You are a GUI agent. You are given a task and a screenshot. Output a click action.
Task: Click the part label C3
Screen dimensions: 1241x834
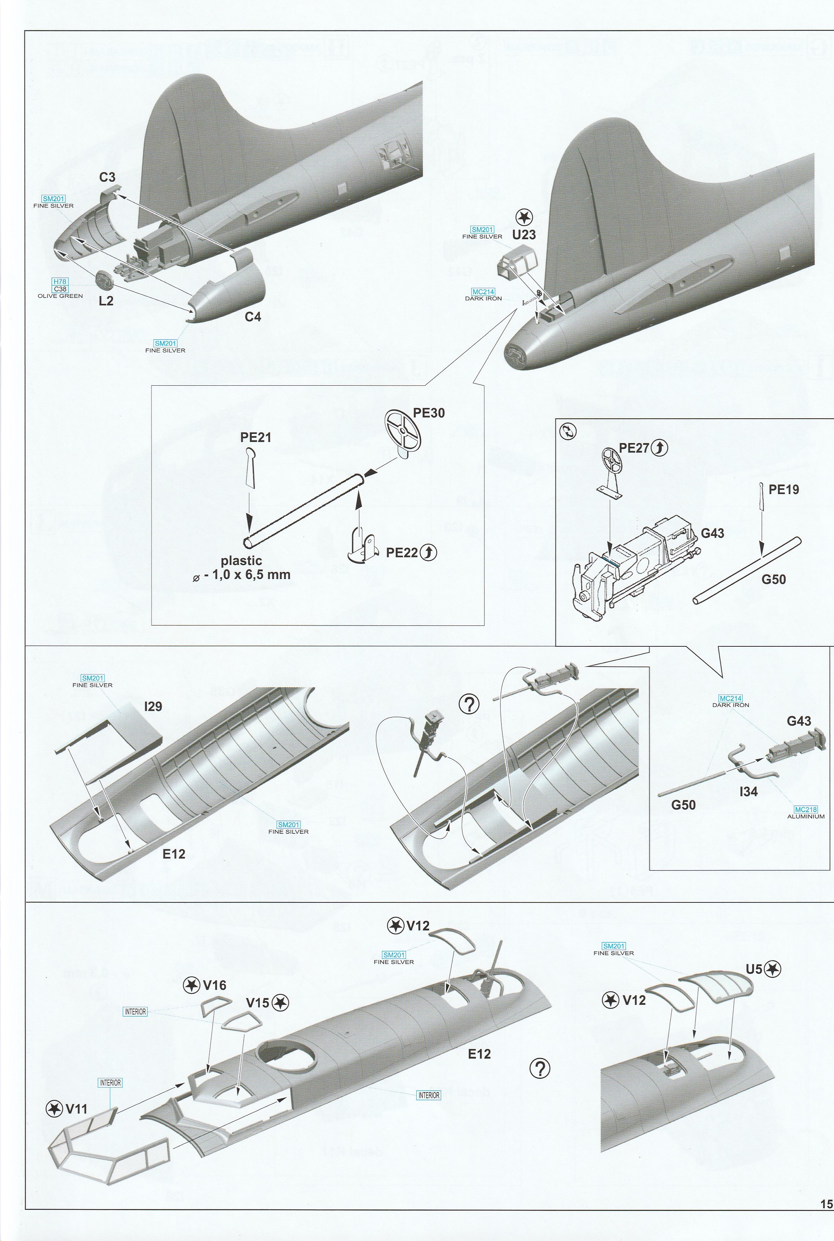pos(107,177)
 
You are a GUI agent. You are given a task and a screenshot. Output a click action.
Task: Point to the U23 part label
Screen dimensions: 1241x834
pos(524,234)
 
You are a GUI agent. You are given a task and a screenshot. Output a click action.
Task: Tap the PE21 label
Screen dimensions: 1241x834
pos(255,437)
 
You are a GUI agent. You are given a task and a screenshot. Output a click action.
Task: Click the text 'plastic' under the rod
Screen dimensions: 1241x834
pos(242,560)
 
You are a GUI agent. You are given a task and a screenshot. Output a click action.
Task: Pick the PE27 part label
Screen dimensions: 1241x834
pos(635,448)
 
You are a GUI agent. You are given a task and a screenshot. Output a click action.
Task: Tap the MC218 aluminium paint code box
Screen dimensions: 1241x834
pos(805,809)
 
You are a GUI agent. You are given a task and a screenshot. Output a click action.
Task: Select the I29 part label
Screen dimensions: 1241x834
pos(153,707)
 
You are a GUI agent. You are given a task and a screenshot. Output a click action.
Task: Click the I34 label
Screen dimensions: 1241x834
pos(748,792)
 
